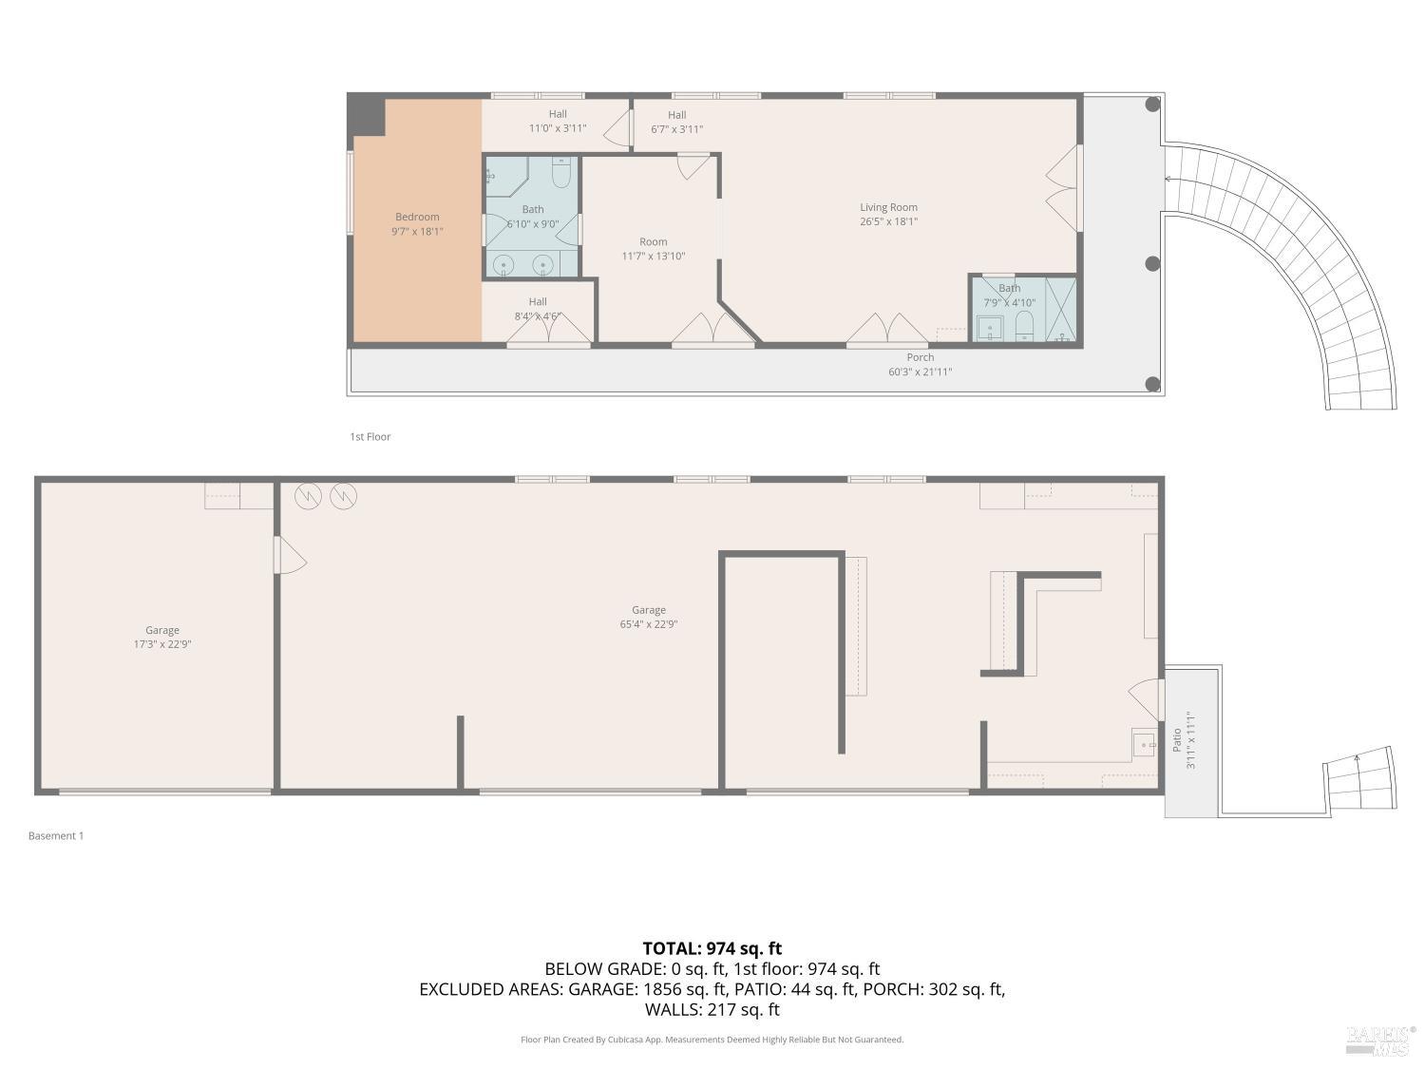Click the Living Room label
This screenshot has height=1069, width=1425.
(888, 207)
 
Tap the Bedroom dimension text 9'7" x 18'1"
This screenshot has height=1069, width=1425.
(417, 231)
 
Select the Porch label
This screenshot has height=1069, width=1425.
(920, 357)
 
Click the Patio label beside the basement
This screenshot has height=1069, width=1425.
(1177, 739)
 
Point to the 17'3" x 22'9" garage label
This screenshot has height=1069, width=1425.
(162, 643)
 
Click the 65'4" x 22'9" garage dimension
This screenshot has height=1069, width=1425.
(649, 624)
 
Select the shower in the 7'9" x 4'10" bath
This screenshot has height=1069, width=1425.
(1060, 308)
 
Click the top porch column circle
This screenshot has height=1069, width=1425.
(1152, 105)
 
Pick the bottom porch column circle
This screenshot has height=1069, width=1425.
(1152, 384)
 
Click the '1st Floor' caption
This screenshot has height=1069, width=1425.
(370, 437)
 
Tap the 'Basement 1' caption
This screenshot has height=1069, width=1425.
(56, 836)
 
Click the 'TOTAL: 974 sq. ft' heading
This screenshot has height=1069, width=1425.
(712, 947)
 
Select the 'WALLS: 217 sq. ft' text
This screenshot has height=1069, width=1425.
(712, 1009)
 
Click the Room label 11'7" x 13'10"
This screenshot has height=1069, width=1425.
(653, 249)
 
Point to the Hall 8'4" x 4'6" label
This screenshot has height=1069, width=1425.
(538, 310)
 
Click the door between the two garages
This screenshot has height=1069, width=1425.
(288, 555)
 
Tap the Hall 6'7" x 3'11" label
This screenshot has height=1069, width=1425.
(676, 123)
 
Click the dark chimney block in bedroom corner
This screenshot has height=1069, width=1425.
(368, 115)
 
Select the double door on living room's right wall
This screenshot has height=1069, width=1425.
(1064, 187)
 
